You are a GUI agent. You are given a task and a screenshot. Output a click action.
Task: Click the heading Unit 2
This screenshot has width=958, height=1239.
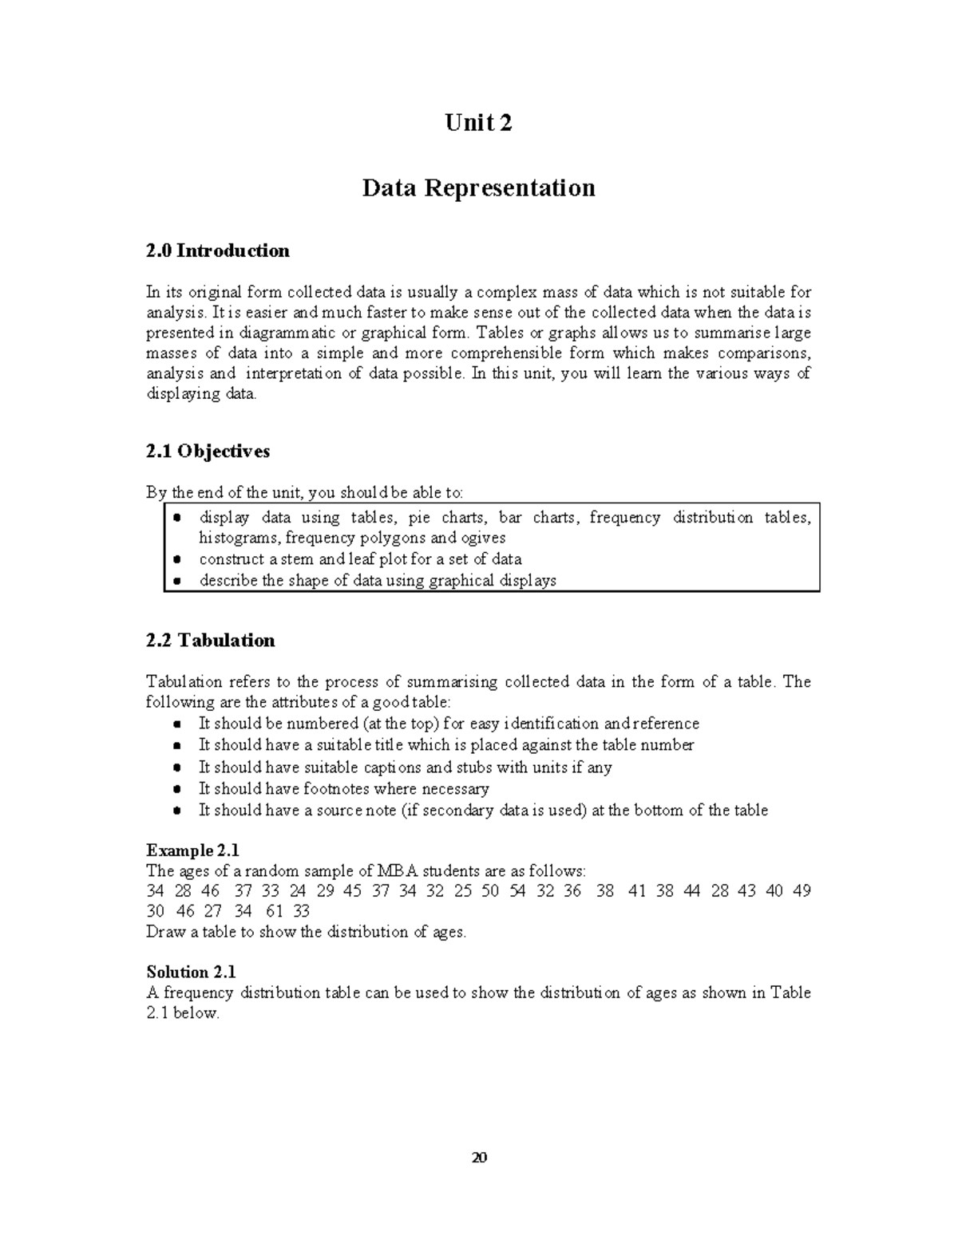point(478,123)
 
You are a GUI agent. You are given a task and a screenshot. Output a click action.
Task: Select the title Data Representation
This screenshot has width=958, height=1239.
point(478,188)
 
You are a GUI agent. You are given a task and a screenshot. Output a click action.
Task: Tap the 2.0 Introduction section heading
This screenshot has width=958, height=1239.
point(217,251)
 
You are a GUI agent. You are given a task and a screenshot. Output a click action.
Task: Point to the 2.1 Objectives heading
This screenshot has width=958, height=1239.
point(208,452)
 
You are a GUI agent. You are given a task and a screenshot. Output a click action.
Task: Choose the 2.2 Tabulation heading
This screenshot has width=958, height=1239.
point(210,641)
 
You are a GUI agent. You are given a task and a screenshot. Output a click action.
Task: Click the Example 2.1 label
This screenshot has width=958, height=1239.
point(192,850)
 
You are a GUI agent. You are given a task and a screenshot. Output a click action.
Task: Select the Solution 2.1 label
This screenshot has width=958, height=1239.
point(191,972)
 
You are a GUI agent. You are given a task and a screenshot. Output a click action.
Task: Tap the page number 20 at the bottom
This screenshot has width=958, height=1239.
point(479,1158)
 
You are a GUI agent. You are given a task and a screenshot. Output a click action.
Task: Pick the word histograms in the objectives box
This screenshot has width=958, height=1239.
point(239,538)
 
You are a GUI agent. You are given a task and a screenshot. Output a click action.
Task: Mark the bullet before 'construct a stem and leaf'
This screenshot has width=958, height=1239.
point(176,559)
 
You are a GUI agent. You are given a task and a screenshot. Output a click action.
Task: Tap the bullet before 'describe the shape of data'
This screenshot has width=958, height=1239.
point(176,581)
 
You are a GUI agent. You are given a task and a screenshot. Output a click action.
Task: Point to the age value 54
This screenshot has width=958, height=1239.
point(517,890)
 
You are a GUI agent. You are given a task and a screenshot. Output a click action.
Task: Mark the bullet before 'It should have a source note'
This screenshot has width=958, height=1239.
point(176,811)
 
